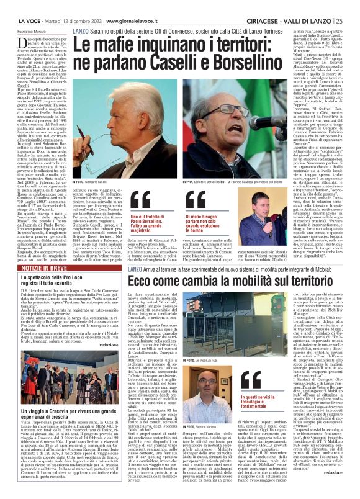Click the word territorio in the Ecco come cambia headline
click(x=296, y=280)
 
